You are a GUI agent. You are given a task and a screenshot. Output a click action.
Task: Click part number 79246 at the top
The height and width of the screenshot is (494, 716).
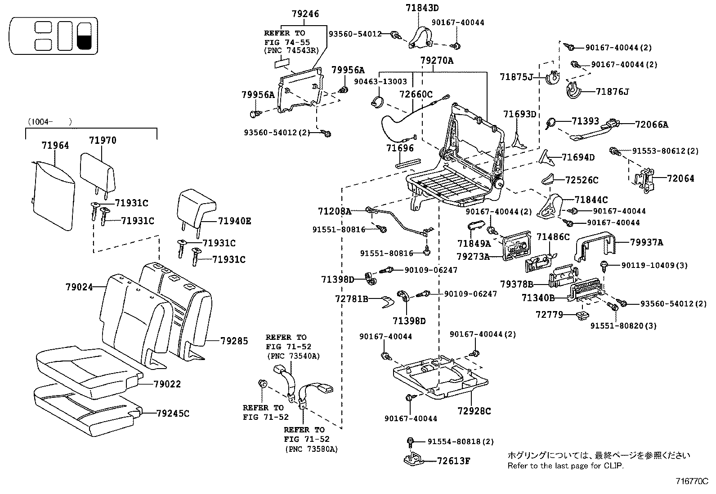pos(305,14)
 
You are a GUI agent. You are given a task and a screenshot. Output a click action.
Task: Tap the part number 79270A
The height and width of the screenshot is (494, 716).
pos(437,60)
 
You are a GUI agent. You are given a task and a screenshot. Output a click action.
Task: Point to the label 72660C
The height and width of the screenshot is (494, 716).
pos(416,94)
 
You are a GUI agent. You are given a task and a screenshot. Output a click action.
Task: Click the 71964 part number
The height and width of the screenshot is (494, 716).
pos(55,145)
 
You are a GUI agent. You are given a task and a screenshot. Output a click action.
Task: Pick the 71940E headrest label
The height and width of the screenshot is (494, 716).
pos(235,221)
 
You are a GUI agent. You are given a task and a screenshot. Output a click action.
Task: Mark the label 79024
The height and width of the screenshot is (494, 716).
pos(79,286)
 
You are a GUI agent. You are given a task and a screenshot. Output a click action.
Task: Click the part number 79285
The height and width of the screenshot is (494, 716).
pos(234,341)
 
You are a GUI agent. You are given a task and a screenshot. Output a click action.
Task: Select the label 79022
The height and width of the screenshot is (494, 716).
pos(167,384)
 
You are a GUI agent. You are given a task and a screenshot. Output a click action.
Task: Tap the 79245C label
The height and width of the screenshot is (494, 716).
pos(173,414)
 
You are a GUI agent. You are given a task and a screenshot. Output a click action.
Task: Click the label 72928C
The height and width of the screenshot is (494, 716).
pos(474,411)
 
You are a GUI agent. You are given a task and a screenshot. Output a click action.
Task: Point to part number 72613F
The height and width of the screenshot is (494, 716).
pos(453,461)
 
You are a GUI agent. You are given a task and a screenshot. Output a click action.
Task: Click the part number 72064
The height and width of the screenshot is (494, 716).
pos(680,178)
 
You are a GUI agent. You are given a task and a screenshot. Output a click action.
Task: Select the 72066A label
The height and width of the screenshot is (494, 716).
pos(652,125)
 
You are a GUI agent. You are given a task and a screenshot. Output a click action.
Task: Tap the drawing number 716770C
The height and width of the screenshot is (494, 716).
pos(692,481)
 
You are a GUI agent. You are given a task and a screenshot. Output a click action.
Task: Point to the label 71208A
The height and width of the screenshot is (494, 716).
pos(334,211)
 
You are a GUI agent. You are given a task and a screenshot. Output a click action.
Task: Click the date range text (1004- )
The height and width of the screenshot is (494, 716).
pos(49,121)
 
